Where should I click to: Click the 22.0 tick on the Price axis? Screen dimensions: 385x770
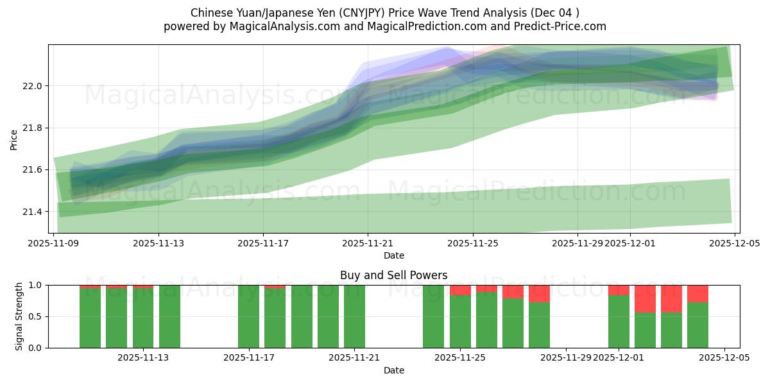click(33, 86)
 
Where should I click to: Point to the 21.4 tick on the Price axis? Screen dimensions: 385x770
click(33, 212)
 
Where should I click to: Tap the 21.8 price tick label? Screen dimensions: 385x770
click(33, 128)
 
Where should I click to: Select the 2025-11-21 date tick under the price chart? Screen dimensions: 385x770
click(368, 244)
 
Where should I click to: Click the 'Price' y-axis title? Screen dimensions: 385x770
click(14, 139)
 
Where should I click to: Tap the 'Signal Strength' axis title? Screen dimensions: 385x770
click(19, 316)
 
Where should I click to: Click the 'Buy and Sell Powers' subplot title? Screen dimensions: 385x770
click(393, 275)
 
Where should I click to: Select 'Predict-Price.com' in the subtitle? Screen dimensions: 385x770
click(561, 26)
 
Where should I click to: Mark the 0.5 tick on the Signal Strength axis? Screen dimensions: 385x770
click(36, 316)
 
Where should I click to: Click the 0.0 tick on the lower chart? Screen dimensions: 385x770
click(36, 348)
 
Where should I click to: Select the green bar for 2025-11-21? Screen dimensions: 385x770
click(354, 316)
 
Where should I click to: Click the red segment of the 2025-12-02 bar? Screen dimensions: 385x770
click(645, 298)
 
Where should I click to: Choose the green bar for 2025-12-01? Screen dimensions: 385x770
click(619, 321)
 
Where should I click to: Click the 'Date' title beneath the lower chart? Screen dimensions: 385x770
click(393, 370)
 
